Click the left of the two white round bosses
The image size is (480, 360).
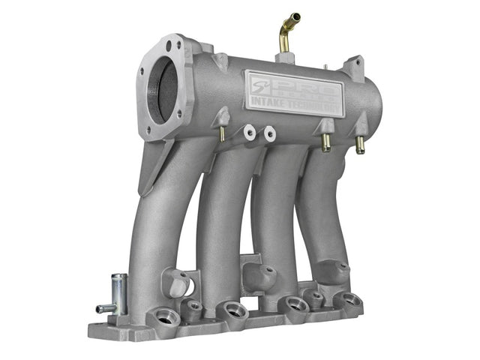(249, 133)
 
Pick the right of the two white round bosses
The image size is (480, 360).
(268, 133)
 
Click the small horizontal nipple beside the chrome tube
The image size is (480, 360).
(103, 308)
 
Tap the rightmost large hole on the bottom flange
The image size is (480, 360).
(346, 301)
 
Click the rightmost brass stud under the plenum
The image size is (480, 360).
(360, 145)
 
